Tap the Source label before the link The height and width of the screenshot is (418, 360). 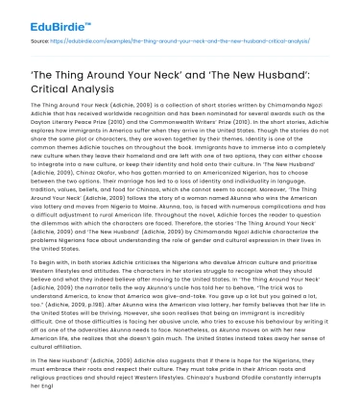pos(40,43)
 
